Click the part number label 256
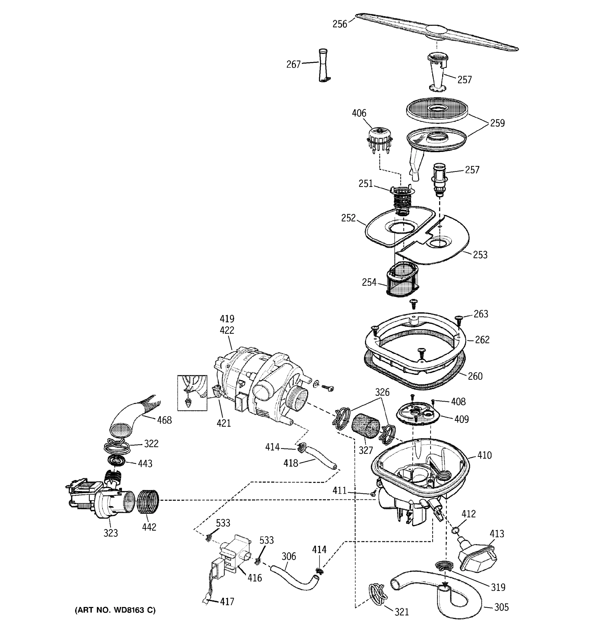click(339, 24)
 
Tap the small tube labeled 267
click(323, 65)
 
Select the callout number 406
click(359, 113)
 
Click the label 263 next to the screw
click(481, 314)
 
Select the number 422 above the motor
click(227, 330)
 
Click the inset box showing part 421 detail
click(192, 393)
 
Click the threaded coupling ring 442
click(148, 501)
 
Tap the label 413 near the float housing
click(497, 534)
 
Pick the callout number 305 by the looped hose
click(501, 607)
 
